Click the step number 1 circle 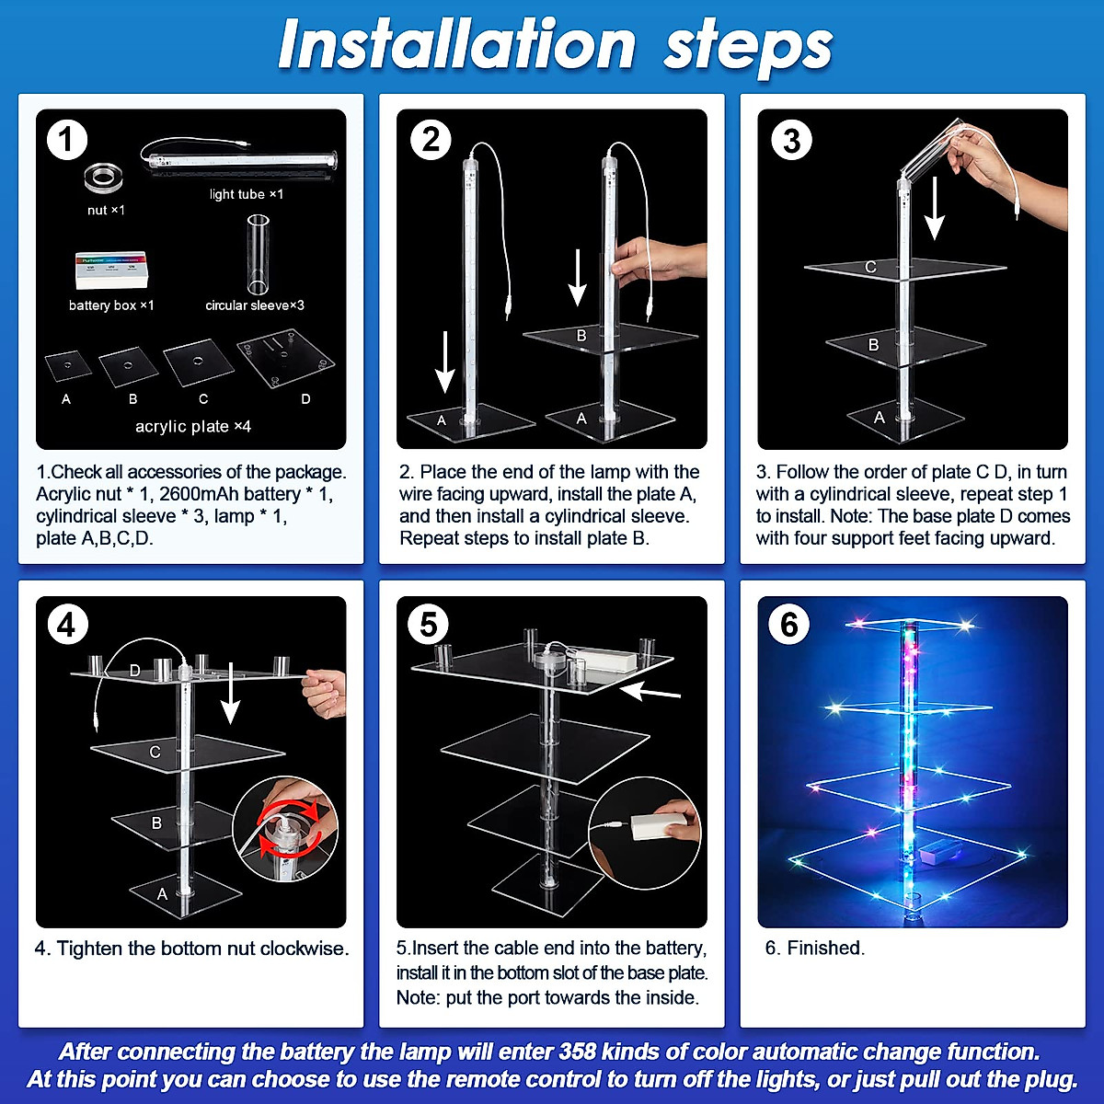click(67, 140)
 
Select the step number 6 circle click(788, 624)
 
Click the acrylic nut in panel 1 click(104, 178)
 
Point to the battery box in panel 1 click(110, 270)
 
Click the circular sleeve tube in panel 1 click(258, 253)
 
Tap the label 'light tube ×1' click(247, 194)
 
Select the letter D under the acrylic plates click(306, 398)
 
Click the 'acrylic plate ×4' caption click(193, 426)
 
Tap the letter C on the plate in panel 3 click(871, 267)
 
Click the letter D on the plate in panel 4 click(134, 671)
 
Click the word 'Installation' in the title click(457, 45)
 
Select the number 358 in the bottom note click(578, 1052)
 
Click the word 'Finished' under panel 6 click(825, 948)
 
